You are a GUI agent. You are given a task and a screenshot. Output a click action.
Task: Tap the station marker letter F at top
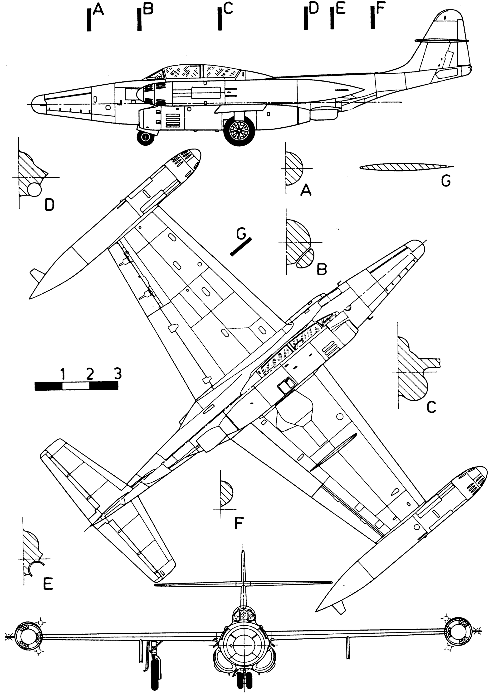click(380, 9)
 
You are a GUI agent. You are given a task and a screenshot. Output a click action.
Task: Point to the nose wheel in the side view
click(146, 138)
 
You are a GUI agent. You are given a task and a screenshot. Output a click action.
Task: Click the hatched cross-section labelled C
click(411, 372)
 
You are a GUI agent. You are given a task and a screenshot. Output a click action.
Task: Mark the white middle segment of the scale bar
click(76, 386)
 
